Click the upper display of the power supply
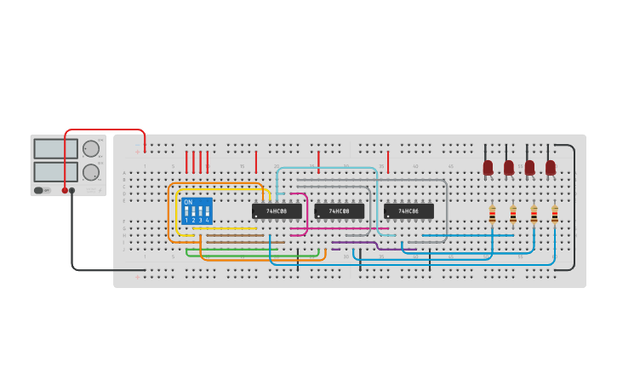pyautogui.click(x=55, y=148)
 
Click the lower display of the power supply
pyautogui.click(x=55, y=171)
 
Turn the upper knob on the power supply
pyautogui.click(x=90, y=148)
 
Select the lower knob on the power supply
pyautogui.click(x=90, y=171)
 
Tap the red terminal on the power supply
pyautogui.click(x=65, y=191)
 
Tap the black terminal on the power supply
pyautogui.click(x=72, y=191)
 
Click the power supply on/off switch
pyautogui.click(x=39, y=190)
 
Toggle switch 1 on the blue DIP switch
pyautogui.click(x=186, y=210)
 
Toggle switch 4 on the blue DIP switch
pyautogui.click(x=207, y=210)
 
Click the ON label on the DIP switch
pyautogui.click(x=188, y=202)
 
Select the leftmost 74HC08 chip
pyautogui.click(x=277, y=210)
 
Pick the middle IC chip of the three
pyautogui.click(x=340, y=210)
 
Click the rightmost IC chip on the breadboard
pyautogui.click(x=408, y=210)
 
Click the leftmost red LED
pyautogui.click(x=488, y=167)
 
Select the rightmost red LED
pyautogui.click(x=551, y=167)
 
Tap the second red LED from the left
pyautogui.click(x=509, y=167)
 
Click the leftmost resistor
pyautogui.click(x=492, y=214)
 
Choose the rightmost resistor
pyautogui.click(x=555, y=214)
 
